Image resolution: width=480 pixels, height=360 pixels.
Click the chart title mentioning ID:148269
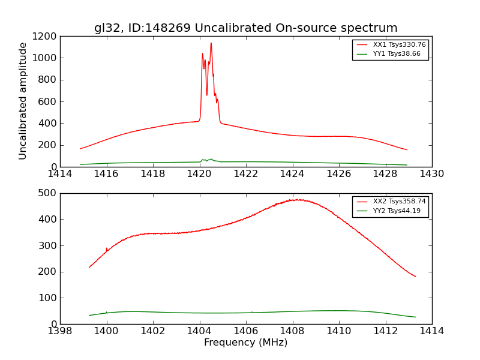[x=245, y=28]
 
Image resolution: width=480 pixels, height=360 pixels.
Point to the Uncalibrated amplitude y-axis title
[x=23, y=101]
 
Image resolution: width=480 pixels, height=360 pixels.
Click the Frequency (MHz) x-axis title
[x=245, y=343]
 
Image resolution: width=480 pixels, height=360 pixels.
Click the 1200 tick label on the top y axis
[x=45, y=36]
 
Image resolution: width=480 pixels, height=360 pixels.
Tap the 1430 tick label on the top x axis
[x=431, y=174]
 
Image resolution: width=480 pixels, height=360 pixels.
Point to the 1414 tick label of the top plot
[x=60, y=174]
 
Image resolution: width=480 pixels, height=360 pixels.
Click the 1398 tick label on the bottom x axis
[x=60, y=331]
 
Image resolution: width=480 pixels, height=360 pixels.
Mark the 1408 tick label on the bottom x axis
[x=292, y=331]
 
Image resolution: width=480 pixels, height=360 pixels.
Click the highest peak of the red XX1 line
[x=211, y=43]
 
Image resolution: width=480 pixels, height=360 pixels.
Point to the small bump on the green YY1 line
[x=210, y=159]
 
